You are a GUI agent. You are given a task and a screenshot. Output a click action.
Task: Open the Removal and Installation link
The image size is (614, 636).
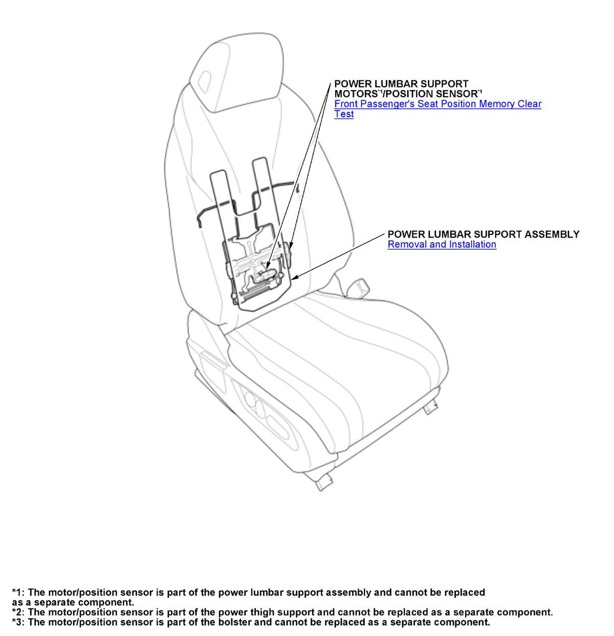point(442,244)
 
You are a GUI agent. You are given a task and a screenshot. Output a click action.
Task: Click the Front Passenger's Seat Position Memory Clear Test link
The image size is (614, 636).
point(437,104)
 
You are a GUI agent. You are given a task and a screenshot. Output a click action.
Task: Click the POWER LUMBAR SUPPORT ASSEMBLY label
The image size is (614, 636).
point(483,234)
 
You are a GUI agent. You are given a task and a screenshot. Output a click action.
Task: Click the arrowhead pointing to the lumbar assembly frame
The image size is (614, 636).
point(295,278)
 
